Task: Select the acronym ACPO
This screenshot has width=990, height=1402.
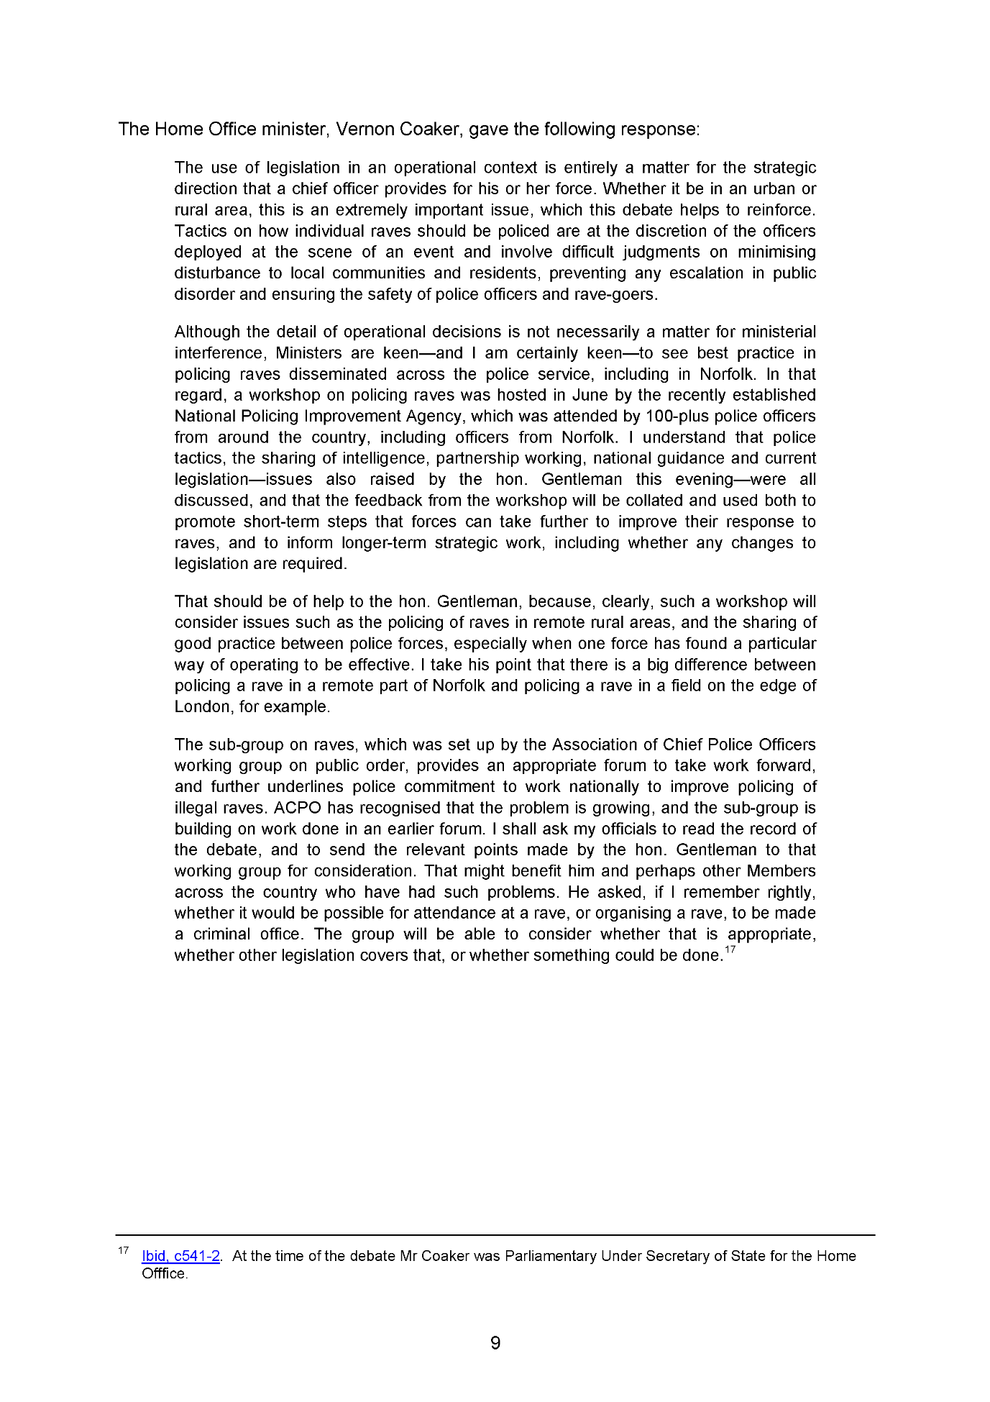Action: (x=297, y=808)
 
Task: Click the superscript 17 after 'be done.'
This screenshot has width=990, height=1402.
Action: (x=730, y=950)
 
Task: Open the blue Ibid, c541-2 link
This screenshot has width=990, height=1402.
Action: (x=180, y=1256)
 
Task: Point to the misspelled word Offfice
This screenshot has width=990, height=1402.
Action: (x=165, y=1274)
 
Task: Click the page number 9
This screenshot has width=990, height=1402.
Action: (x=495, y=1343)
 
